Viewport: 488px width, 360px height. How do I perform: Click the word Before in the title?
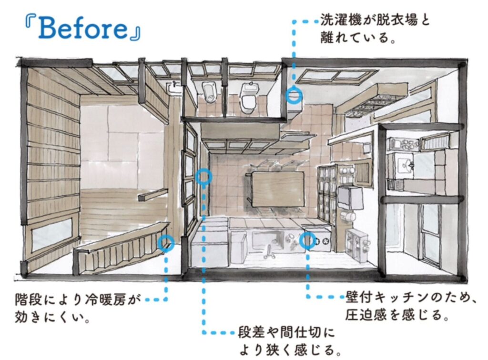[83, 30]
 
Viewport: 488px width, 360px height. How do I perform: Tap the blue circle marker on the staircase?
[166, 243]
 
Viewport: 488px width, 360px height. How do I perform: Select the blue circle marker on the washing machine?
[294, 96]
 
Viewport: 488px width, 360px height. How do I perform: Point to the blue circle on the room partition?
[203, 177]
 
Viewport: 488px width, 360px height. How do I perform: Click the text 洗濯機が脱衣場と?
[375, 21]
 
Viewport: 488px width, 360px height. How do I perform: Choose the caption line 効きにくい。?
[53, 318]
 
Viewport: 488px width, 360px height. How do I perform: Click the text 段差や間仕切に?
[286, 332]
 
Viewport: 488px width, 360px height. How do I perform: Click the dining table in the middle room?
[278, 188]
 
